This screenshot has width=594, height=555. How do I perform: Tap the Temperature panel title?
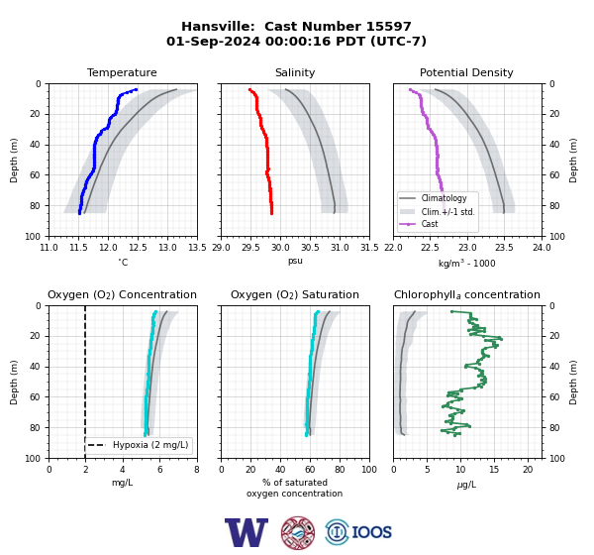click(x=122, y=72)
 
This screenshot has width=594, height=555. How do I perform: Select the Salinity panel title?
click(x=295, y=72)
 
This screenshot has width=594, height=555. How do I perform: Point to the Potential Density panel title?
click(x=466, y=72)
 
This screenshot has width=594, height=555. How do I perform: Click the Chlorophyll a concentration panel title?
click(x=467, y=294)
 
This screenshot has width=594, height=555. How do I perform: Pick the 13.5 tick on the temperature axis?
click(x=197, y=248)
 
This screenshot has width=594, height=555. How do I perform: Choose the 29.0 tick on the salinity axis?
click(x=221, y=248)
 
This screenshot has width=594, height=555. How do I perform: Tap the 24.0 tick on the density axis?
click(x=542, y=248)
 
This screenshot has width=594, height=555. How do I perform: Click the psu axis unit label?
click(x=295, y=262)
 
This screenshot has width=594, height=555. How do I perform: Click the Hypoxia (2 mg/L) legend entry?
click(x=138, y=445)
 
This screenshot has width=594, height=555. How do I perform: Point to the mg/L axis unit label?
click(x=122, y=483)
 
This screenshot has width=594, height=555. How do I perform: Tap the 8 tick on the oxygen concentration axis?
click(x=197, y=470)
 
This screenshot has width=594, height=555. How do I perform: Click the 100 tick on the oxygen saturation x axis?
click(x=369, y=470)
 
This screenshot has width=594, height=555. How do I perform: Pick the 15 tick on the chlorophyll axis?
click(x=494, y=470)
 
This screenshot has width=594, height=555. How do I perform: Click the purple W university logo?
click(x=247, y=532)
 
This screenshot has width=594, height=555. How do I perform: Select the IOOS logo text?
click(x=371, y=532)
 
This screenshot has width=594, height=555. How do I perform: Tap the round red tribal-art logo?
click(x=298, y=532)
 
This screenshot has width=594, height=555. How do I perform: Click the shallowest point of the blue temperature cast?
click(x=136, y=89)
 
